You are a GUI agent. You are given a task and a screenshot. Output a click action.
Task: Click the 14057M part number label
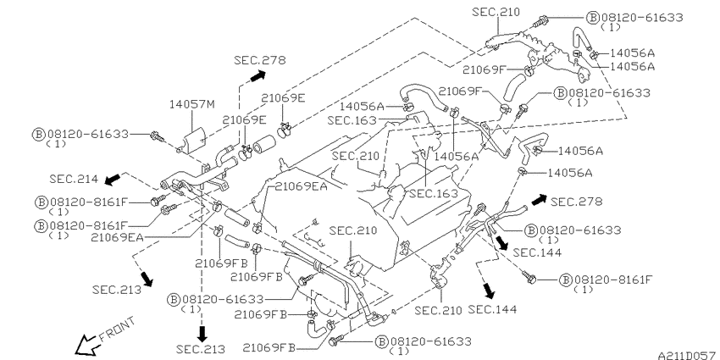click(x=191, y=105)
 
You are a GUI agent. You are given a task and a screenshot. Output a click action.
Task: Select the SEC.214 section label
click(x=74, y=179)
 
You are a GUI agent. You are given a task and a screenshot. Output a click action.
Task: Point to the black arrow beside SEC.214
click(x=113, y=179)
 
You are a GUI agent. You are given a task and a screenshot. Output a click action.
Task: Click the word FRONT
click(x=118, y=330)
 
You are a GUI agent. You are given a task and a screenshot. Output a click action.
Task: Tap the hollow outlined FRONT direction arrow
click(x=86, y=346)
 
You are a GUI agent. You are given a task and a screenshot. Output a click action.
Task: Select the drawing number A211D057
click(x=688, y=356)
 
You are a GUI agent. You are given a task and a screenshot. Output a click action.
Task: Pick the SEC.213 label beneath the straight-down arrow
click(x=201, y=349)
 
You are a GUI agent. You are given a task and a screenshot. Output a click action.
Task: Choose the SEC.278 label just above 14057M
click(x=259, y=59)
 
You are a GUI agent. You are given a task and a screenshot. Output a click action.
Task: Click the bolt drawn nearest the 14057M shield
click(x=158, y=136)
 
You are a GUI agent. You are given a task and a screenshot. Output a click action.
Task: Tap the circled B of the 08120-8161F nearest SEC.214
click(x=41, y=202)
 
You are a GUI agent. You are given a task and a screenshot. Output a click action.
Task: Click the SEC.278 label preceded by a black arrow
click(x=576, y=201)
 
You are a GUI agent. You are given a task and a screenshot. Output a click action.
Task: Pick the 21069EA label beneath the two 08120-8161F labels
click(x=117, y=237)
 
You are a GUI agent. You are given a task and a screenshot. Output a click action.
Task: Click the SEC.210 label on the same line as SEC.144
click(x=439, y=310)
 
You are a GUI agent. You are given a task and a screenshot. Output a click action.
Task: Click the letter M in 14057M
click(x=210, y=105)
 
